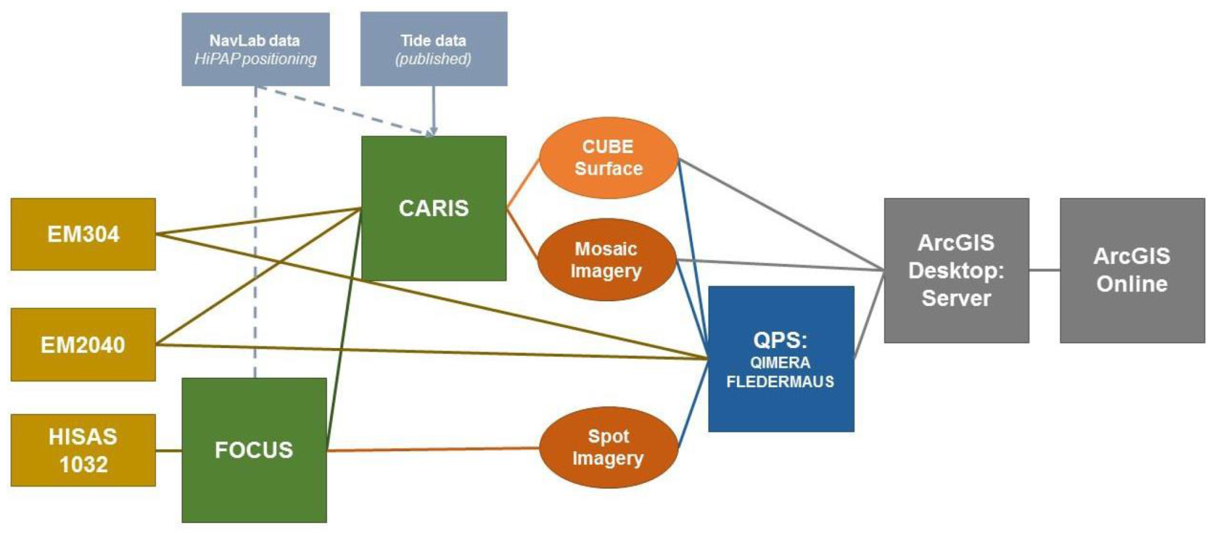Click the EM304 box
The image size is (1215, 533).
pyautogui.click(x=83, y=234)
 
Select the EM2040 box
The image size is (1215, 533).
pyautogui.click(x=83, y=345)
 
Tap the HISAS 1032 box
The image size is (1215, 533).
pyautogui.click(x=83, y=450)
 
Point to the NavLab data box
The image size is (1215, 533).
pyautogui.click(x=256, y=49)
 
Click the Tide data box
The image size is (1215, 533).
pyautogui.click(x=434, y=49)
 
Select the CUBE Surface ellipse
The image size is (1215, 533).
pyautogui.click(x=608, y=158)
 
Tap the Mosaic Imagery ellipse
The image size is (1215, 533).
pyautogui.click(x=606, y=260)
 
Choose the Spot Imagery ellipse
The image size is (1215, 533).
pyautogui.click(x=608, y=448)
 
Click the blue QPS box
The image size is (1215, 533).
pyautogui.click(x=781, y=359)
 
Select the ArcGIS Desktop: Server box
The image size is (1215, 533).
pyautogui.click(x=956, y=270)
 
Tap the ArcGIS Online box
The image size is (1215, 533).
pyautogui.click(x=1132, y=270)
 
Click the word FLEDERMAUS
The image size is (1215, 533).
pyautogui.click(x=780, y=382)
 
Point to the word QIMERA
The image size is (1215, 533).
pyautogui.click(x=780, y=363)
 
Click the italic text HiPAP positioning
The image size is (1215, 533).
pyautogui.click(x=256, y=59)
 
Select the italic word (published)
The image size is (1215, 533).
pyautogui.click(x=433, y=59)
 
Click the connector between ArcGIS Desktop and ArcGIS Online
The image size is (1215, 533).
pyautogui.click(x=1045, y=270)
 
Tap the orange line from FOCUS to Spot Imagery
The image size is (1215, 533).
pyautogui.click(x=433, y=450)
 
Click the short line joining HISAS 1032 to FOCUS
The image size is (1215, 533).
pyautogui.click(x=168, y=450)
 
